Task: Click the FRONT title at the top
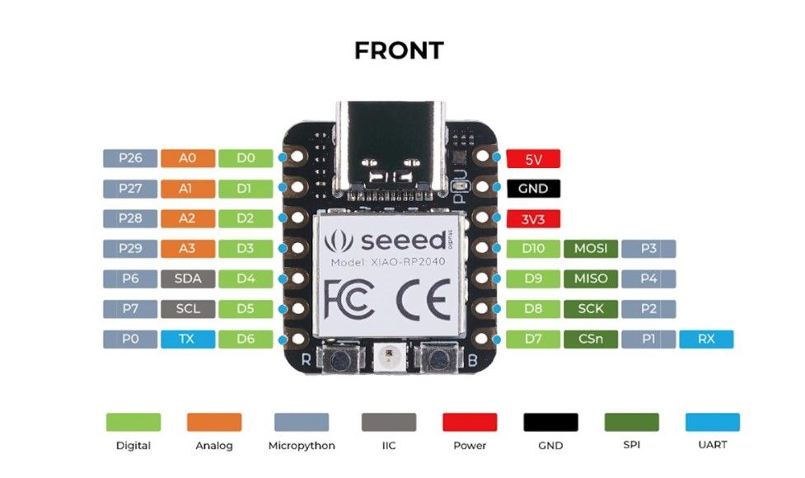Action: (x=399, y=50)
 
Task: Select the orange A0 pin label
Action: (x=188, y=157)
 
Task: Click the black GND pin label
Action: (x=533, y=189)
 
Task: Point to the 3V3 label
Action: (x=533, y=219)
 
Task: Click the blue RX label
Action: (x=706, y=339)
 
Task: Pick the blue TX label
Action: (x=188, y=339)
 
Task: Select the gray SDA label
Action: (x=188, y=279)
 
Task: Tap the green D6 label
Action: (x=246, y=339)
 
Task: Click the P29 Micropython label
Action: (x=130, y=248)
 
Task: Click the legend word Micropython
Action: (x=302, y=446)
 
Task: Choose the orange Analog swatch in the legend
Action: (x=214, y=422)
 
